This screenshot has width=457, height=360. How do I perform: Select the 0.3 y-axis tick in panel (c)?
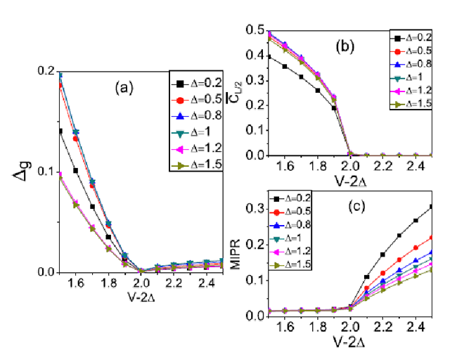256,207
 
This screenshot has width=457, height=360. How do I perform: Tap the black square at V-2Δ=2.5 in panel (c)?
430,207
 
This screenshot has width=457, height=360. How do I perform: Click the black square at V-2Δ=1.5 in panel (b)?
269,56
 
